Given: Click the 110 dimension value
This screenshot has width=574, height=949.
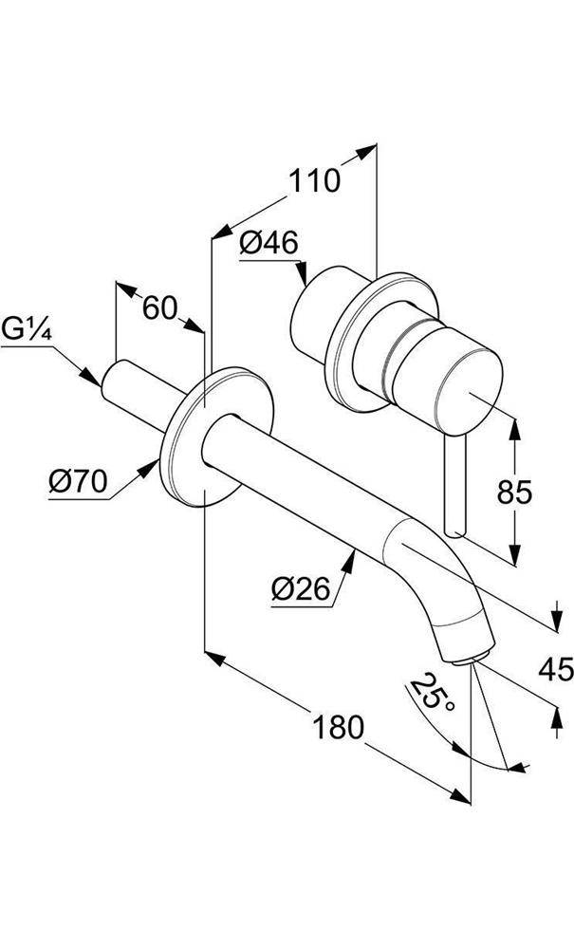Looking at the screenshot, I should tap(315, 180).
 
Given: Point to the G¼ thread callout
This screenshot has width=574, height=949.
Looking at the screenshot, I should tap(26, 331).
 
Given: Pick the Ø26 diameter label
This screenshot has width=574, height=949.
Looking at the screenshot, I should tap(300, 590).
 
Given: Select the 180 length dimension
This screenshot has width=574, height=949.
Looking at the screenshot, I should tap(339, 727).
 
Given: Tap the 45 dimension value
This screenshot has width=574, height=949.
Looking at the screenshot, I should tap(555, 670).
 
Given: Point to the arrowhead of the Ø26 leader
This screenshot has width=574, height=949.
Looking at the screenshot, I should tap(350, 560).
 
